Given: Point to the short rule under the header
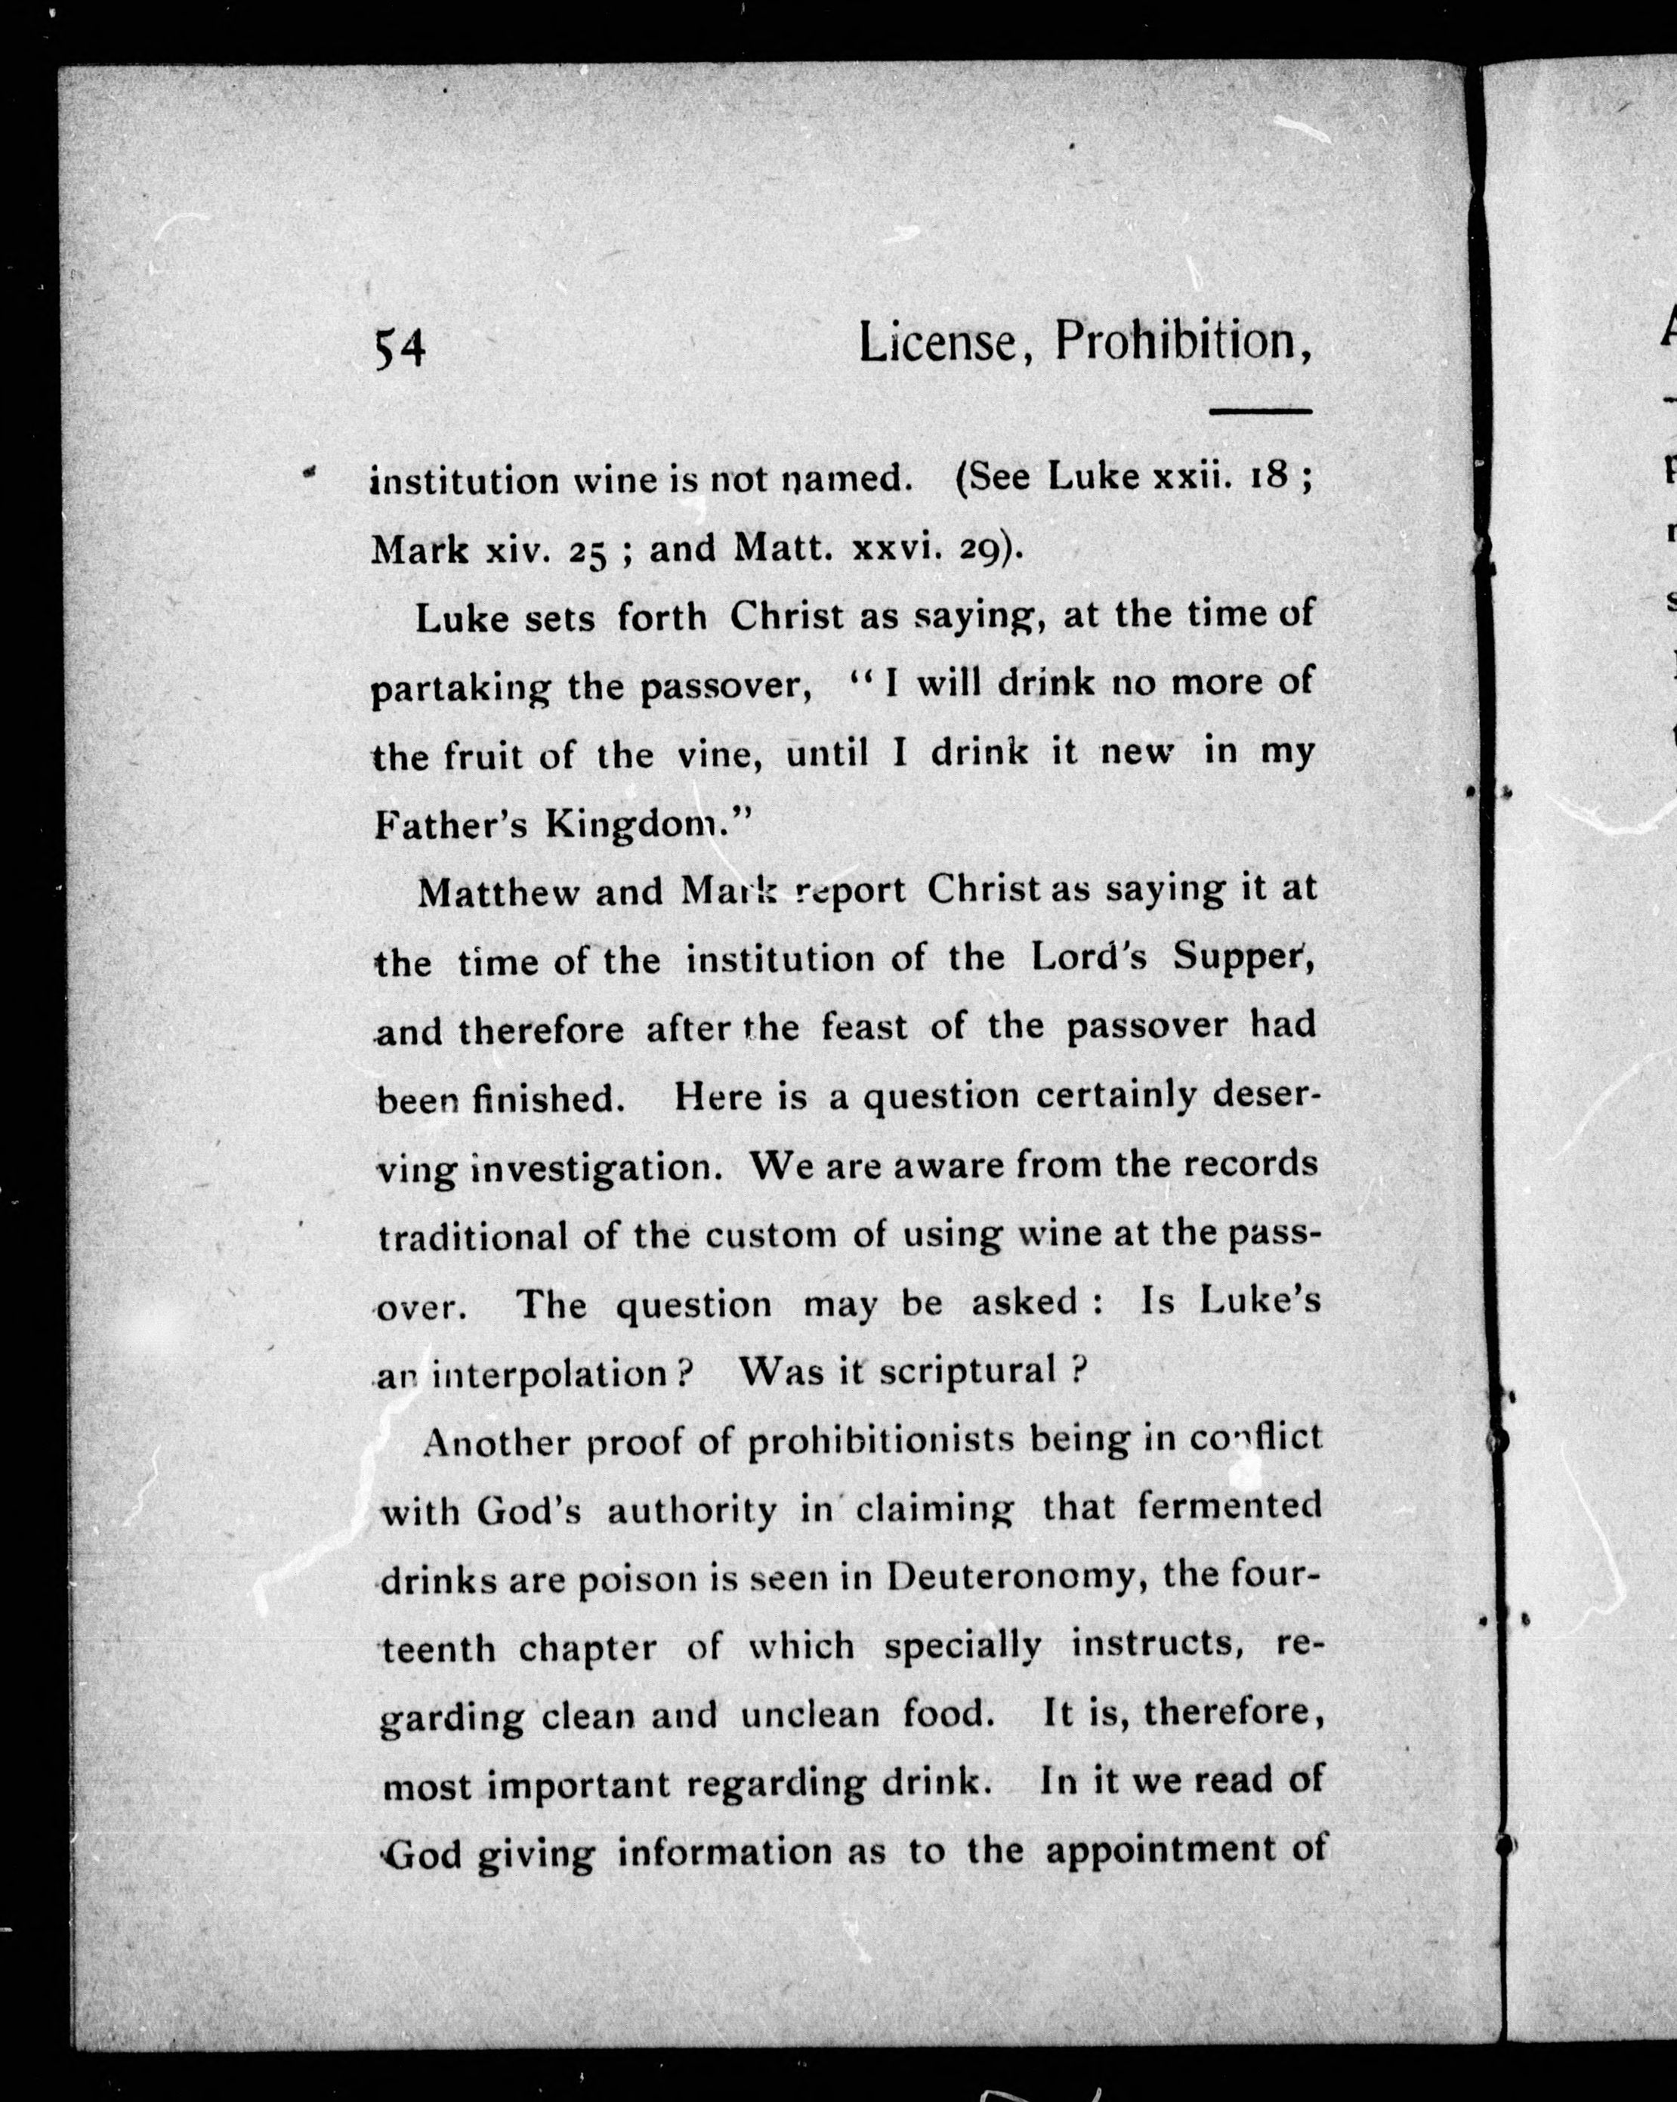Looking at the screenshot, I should point(1260,410).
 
